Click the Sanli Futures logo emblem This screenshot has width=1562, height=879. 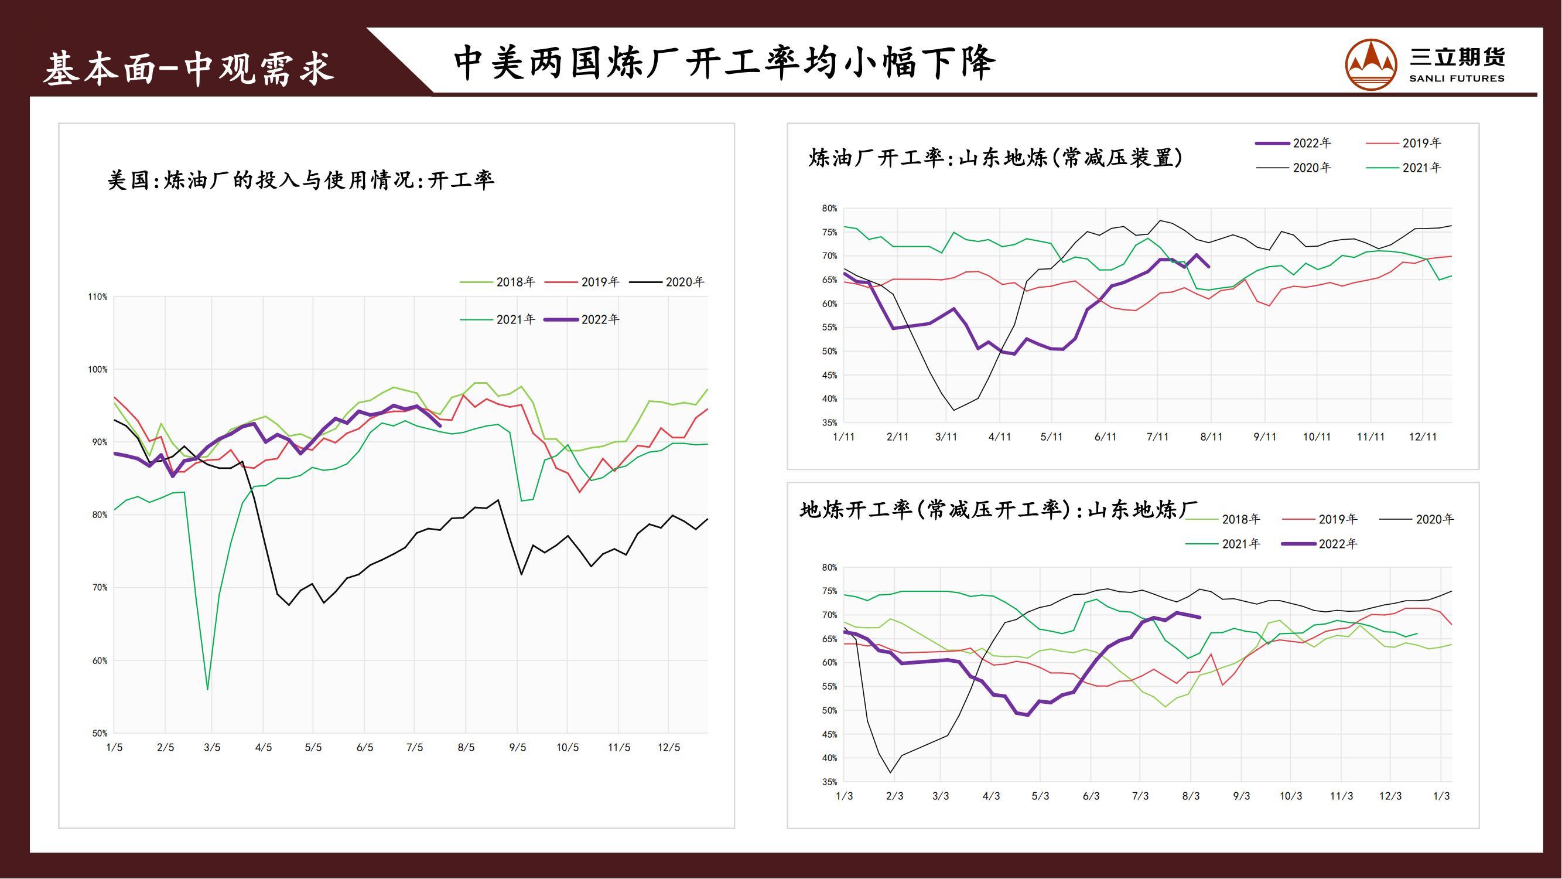1370,65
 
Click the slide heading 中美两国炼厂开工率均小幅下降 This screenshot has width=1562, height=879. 724,63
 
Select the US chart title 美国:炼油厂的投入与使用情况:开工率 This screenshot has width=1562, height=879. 301,180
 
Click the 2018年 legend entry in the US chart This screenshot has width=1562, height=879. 498,282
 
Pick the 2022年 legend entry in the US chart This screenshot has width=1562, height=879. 583,320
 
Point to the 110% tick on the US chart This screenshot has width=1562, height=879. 98,297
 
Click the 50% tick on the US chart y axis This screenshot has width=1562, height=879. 100,734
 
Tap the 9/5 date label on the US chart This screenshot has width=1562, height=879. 517,747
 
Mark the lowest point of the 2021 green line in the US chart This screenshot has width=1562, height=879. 208,689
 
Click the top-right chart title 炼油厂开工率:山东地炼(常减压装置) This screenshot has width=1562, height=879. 995,158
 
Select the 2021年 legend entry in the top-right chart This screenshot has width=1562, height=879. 1404,168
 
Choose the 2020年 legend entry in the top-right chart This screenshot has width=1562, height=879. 1294,168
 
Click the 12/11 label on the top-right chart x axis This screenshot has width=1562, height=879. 1423,437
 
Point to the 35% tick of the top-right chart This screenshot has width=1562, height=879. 829,423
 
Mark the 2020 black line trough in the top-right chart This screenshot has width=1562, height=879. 954,410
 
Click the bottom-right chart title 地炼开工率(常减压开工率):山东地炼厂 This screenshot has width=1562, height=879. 997,510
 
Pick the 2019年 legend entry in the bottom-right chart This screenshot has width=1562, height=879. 1320,519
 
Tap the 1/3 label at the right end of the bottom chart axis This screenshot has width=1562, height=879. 1441,796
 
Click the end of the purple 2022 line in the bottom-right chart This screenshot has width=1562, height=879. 1200,618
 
